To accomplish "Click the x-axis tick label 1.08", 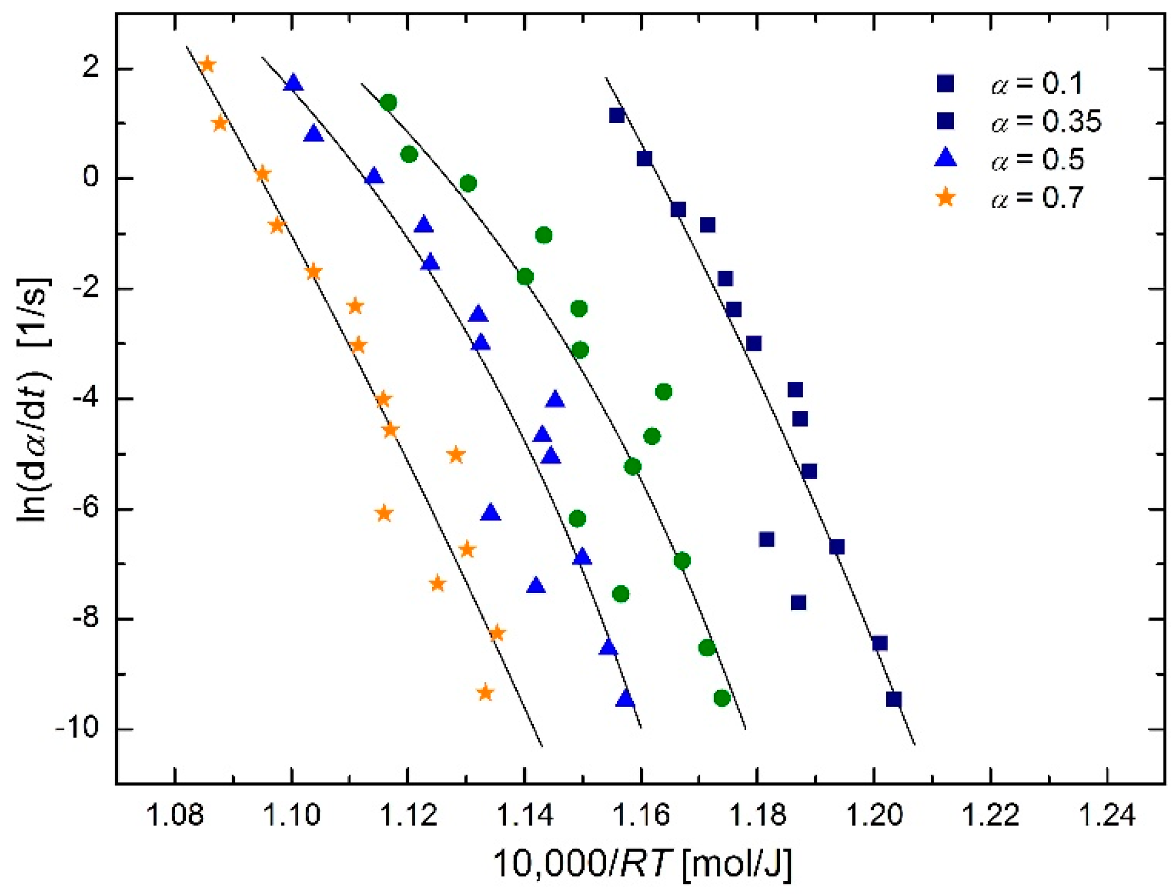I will pos(175,815).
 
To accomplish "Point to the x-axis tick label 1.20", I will pos(874,815).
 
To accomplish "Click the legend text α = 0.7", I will pos(1037,198).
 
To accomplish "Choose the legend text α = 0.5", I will pos(1037,160).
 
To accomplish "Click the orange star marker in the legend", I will pos(946,198).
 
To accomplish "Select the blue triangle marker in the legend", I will pos(946,158).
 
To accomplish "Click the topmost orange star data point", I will pos(207,64).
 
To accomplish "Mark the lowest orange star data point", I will pos(485,692).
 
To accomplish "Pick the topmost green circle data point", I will pos(388,102).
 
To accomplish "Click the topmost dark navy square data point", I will pos(616,115).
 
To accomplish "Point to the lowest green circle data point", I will pos(722,698).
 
